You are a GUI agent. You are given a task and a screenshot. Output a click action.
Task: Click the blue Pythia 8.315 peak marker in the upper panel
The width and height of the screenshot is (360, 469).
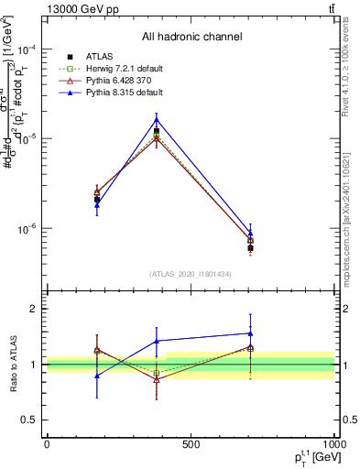point(157,119)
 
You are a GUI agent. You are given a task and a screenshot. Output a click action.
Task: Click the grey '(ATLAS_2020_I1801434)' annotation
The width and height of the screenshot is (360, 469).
point(191,274)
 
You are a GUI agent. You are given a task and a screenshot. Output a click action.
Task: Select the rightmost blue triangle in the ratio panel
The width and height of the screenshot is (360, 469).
point(250,333)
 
